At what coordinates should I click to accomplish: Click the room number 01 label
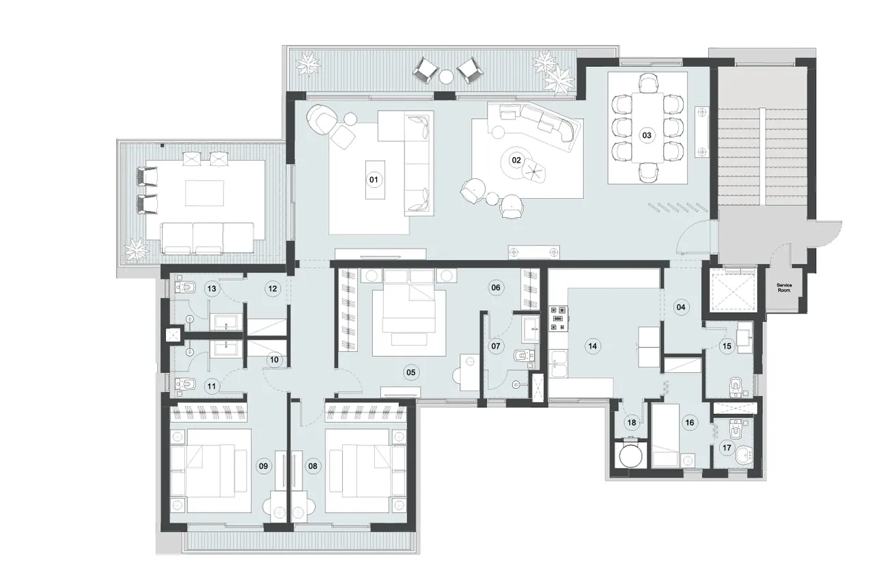(374, 180)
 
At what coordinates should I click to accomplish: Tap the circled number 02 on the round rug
(516, 160)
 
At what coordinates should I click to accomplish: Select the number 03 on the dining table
(646, 135)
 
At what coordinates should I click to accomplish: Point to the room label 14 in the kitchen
(592, 346)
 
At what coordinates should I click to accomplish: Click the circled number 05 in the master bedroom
(410, 372)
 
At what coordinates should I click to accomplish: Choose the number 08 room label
(313, 466)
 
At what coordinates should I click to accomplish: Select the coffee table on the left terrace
(204, 192)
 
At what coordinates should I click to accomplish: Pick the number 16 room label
(689, 423)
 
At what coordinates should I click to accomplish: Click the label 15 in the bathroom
(727, 346)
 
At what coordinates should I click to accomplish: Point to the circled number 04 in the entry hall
(680, 307)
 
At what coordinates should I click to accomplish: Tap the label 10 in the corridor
(273, 359)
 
